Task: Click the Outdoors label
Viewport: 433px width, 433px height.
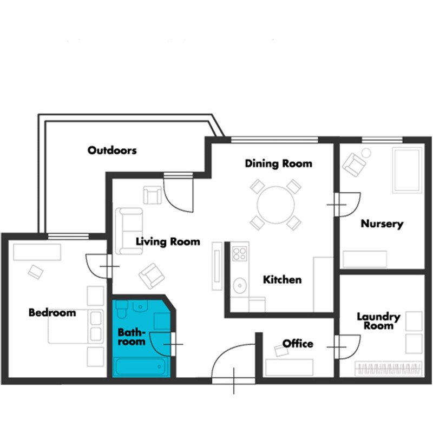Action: [112, 150]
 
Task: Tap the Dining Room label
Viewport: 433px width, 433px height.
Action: [279, 163]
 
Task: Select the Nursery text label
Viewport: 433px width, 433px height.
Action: [382, 224]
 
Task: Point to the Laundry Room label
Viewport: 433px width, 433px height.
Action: [378, 321]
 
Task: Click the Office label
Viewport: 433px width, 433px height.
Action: [298, 344]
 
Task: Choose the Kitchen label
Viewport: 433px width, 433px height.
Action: [282, 280]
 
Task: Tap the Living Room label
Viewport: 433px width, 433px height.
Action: [168, 241]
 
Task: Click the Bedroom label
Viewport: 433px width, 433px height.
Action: [52, 313]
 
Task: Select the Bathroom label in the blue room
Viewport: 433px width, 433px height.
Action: [132, 337]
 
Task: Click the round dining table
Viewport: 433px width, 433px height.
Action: [275, 205]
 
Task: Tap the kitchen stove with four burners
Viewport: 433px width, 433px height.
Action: [239, 254]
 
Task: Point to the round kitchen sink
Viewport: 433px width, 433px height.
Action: [239, 285]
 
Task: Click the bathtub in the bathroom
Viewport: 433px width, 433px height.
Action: [141, 367]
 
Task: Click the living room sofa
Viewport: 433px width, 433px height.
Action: [129, 231]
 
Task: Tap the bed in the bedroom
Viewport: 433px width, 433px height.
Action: [75, 326]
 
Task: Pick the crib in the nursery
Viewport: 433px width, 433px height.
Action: [407, 170]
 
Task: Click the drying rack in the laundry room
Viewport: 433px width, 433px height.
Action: [389, 369]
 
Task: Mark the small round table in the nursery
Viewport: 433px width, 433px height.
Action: [366, 153]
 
